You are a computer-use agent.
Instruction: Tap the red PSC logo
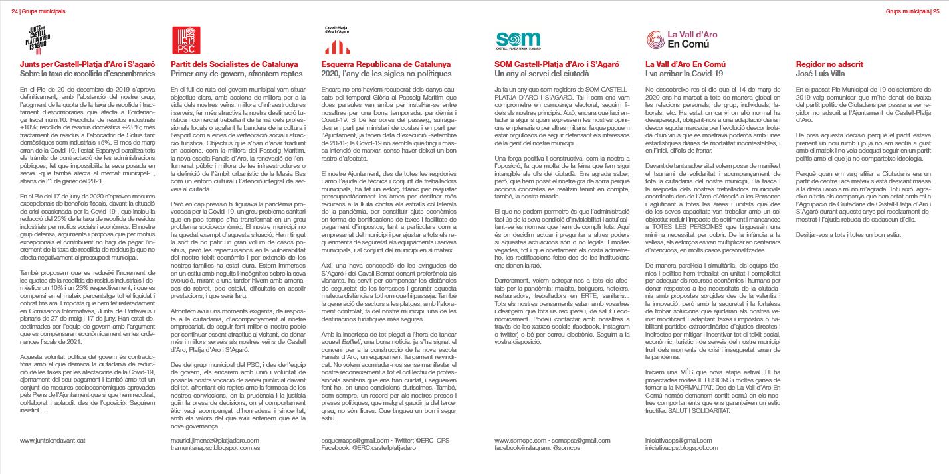tap(186, 40)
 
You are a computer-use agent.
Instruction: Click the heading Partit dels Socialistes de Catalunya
tap(234, 64)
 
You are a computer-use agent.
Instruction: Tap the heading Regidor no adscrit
tap(829, 64)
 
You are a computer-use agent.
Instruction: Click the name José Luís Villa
tap(821, 73)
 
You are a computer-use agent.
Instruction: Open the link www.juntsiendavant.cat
tap(53, 440)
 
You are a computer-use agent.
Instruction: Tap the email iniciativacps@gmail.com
tap(679, 440)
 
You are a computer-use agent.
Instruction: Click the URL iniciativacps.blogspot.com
tap(682, 449)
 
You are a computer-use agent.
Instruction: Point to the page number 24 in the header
tap(15, 11)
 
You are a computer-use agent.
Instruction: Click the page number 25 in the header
tap(934, 11)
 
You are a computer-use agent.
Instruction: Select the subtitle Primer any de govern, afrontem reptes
tap(237, 73)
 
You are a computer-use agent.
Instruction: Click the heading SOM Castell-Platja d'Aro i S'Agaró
tap(557, 64)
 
